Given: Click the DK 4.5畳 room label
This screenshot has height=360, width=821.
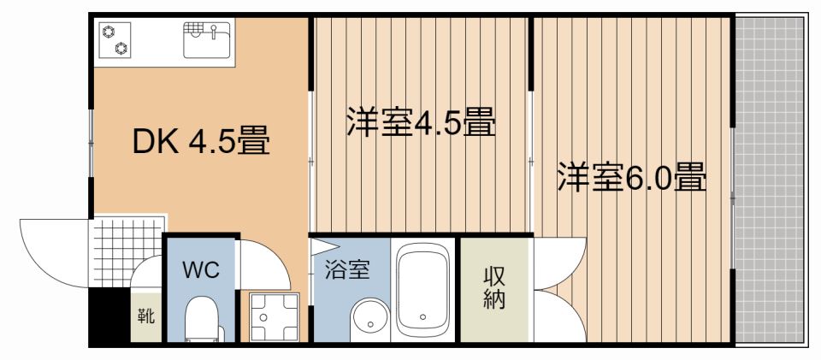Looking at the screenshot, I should pyautogui.click(x=201, y=141).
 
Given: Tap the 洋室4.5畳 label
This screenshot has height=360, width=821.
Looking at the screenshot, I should pyautogui.click(x=421, y=123).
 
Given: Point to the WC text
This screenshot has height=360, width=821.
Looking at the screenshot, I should pyautogui.click(x=202, y=271).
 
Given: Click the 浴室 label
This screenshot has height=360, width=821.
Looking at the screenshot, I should pyautogui.click(x=347, y=270).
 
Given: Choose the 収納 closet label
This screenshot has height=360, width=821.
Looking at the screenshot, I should pyautogui.click(x=494, y=288).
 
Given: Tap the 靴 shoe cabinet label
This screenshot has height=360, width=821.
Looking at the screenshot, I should pyautogui.click(x=146, y=316).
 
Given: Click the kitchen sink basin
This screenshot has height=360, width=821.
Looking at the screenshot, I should pyautogui.click(x=207, y=39).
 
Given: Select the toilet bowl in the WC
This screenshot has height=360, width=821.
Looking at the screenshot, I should pyautogui.click(x=203, y=321).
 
